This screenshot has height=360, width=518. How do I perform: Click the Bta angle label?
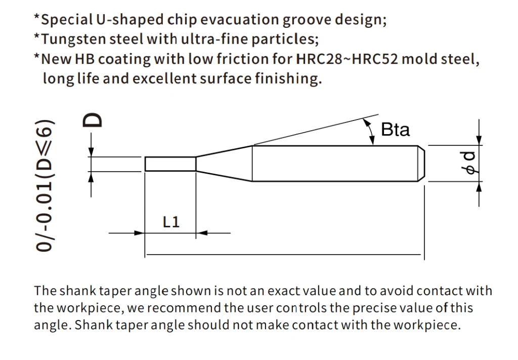395,129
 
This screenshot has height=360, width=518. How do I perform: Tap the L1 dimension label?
171,221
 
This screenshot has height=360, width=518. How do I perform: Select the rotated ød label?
469,163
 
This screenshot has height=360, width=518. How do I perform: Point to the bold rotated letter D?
92,120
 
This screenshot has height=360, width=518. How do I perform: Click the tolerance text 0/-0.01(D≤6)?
44,185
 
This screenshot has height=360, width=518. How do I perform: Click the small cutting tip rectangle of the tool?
170,164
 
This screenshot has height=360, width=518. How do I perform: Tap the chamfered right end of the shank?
421,164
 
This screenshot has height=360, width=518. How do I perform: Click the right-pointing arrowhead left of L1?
139,233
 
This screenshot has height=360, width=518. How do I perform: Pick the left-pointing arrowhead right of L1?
201,233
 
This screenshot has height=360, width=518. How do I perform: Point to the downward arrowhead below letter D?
91,152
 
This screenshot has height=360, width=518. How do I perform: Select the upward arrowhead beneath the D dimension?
91,177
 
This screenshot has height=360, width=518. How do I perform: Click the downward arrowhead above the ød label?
479,140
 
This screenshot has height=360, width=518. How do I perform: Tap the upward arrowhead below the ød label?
479,187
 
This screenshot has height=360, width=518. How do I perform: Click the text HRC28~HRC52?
347,59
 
